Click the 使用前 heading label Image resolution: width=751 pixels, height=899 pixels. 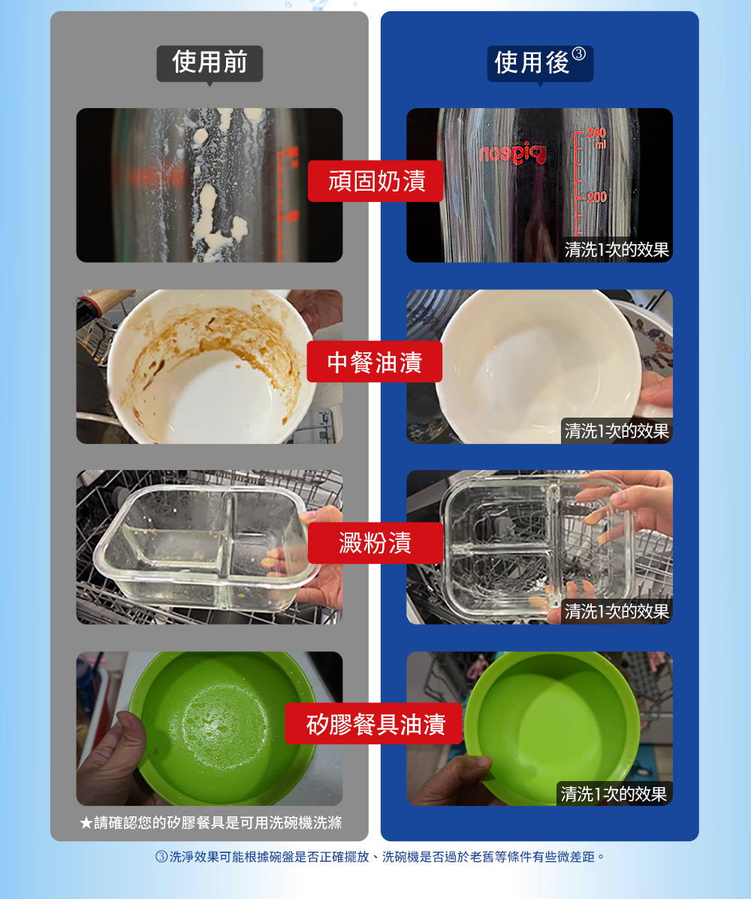click(x=210, y=62)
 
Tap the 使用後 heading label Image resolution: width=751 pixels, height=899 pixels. click(x=532, y=62)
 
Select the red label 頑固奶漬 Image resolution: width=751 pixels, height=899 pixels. click(x=376, y=181)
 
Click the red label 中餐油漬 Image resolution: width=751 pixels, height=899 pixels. click(x=374, y=362)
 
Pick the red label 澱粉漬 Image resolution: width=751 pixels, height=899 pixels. click(x=375, y=542)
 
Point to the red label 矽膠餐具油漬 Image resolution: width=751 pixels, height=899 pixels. click(x=374, y=723)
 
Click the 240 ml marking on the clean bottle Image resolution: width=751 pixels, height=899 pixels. click(x=597, y=137)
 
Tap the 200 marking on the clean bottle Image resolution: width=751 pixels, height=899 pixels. click(x=597, y=198)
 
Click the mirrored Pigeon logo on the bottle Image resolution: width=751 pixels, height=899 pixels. click(x=512, y=154)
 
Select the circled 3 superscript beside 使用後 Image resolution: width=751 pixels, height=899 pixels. click(x=579, y=53)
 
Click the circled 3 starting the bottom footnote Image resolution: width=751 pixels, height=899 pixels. click(x=161, y=857)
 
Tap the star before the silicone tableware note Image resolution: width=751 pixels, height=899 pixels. click(x=86, y=823)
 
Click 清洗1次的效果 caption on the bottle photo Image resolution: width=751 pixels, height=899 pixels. click(x=617, y=250)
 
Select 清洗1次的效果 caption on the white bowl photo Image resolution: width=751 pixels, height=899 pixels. click(x=617, y=430)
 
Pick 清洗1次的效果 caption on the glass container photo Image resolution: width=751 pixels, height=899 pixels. click(x=617, y=612)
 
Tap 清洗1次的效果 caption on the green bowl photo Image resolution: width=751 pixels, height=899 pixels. click(x=614, y=794)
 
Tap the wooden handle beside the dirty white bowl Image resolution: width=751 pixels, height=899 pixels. click(x=105, y=300)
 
